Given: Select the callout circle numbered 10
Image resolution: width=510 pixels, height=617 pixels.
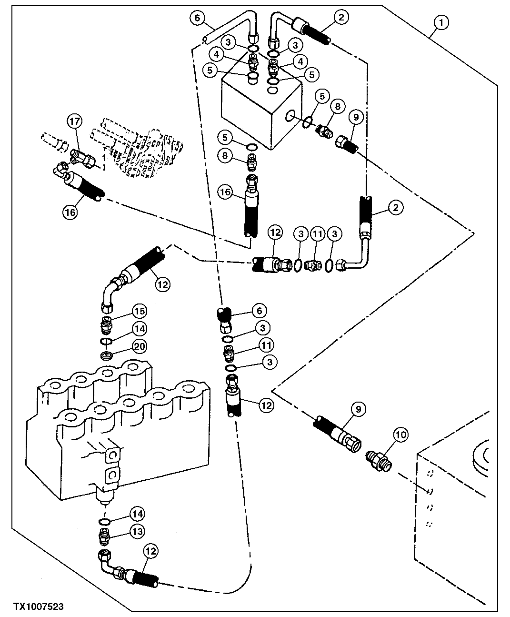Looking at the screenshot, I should coord(400,435).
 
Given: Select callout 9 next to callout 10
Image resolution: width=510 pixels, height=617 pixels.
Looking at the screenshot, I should coord(358,408).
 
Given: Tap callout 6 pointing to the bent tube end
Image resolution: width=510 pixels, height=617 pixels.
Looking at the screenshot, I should coord(259,311).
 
